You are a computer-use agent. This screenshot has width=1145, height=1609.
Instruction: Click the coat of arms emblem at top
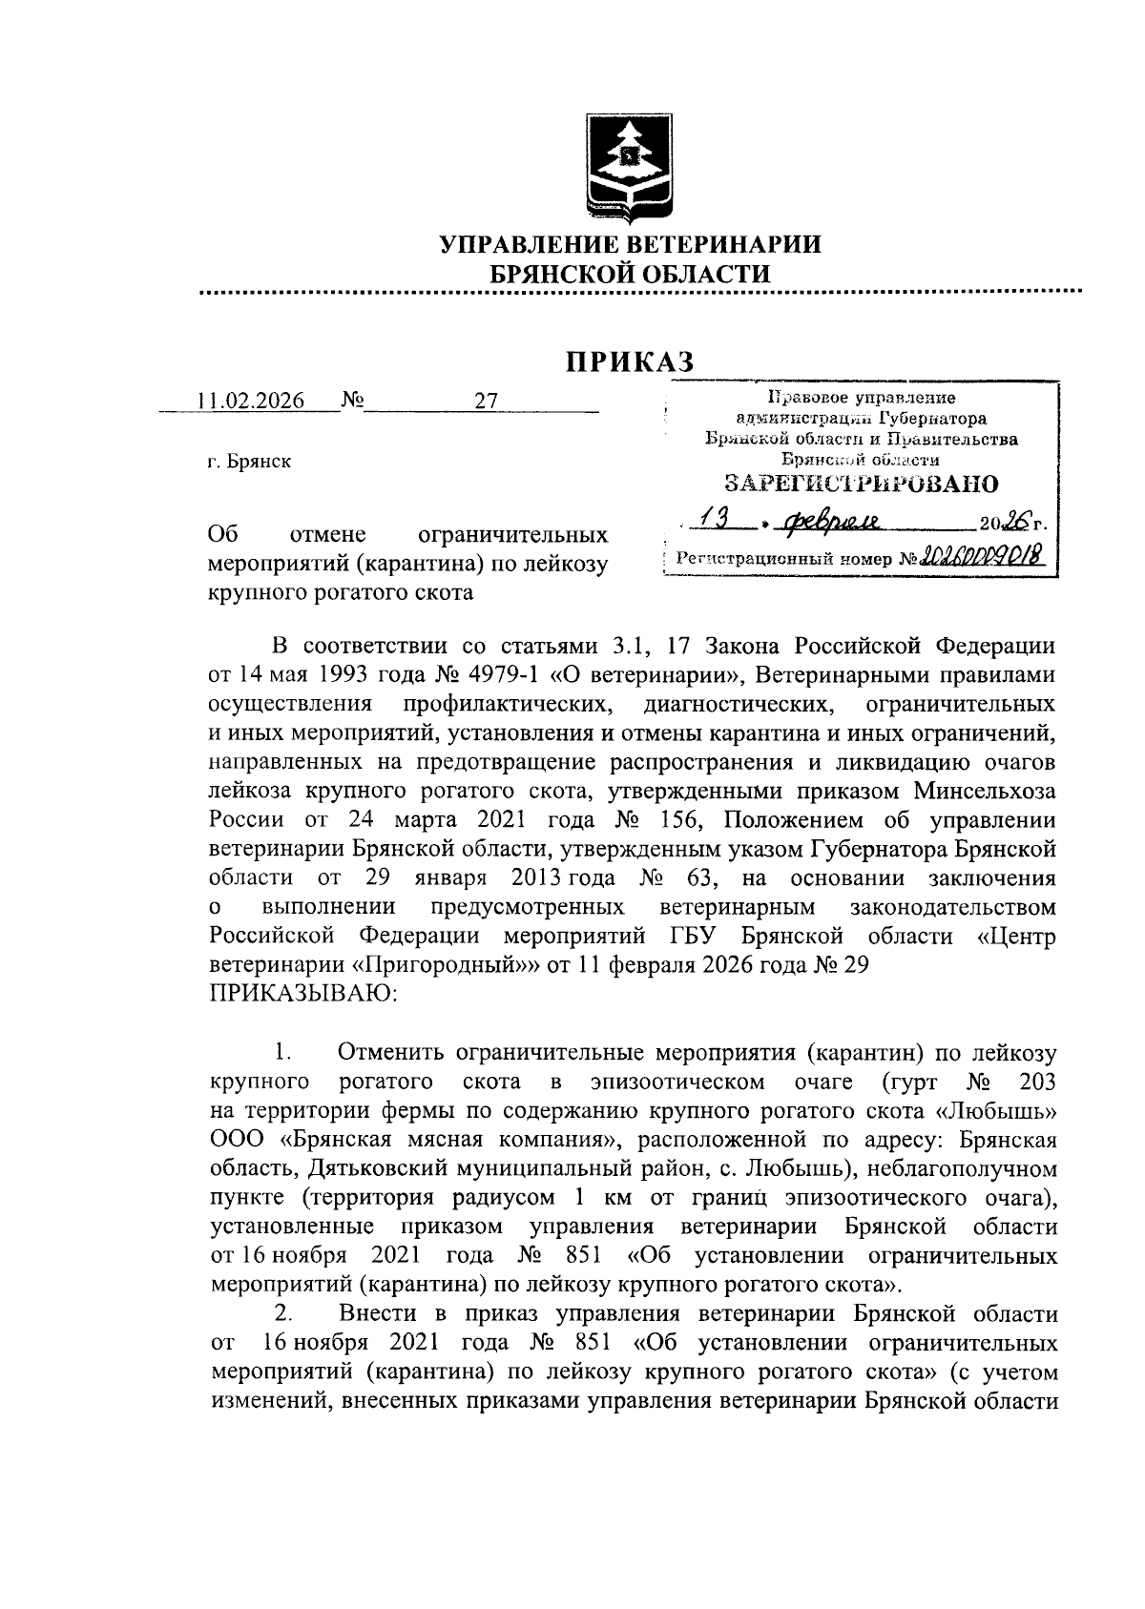pos(630,167)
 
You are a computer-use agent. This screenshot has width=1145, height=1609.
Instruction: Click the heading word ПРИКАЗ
pos(629,361)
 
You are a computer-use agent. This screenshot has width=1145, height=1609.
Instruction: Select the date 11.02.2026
pos(251,401)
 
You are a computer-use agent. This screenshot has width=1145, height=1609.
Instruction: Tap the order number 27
pos(487,401)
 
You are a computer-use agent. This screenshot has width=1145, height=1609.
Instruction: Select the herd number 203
pos(1037,1082)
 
